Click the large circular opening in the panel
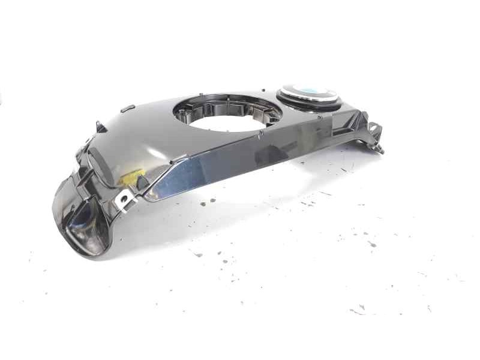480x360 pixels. (227, 114)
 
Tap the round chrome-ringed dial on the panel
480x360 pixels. (310, 96)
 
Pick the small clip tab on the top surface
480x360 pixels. (127, 109)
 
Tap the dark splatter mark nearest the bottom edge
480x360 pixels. (359, 311)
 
